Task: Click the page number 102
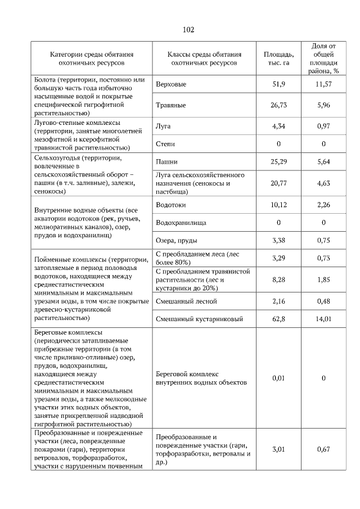click(188, 29)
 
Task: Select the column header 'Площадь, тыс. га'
click(278, 58)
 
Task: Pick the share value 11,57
click(323, 84)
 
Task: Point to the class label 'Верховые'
click(170, 84)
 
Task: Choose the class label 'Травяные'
click(171, 105)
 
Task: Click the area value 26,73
click(278, 105)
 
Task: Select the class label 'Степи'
click(164, 144)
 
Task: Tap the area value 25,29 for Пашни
click(278, 162)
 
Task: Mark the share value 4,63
click(323, 183)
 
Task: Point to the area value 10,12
click(278, 205)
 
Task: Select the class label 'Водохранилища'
click(181, 223)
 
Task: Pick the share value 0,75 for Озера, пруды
click(323, 241)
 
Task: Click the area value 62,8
click(278, 319)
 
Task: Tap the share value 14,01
click(323, 319)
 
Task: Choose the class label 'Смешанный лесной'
click(184, 302)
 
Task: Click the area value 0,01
click(278, 378)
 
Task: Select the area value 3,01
click(278, 449)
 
